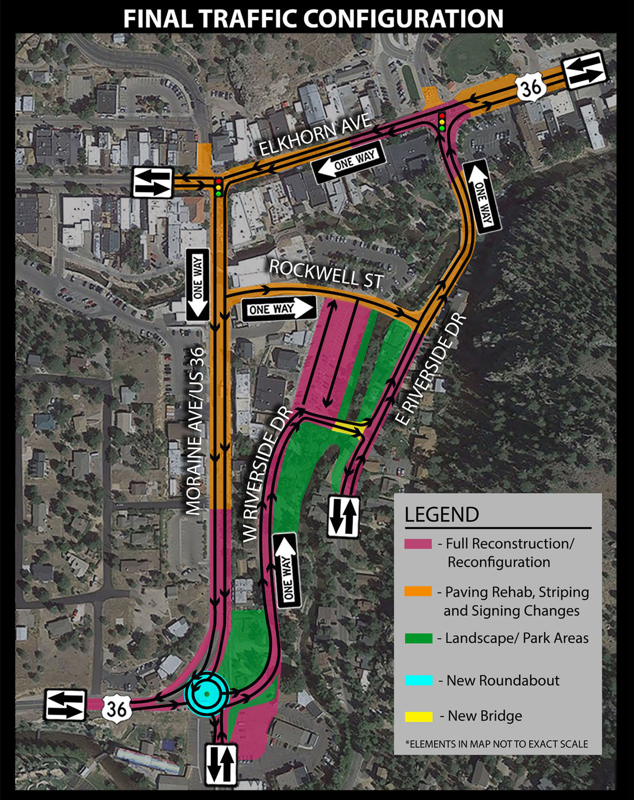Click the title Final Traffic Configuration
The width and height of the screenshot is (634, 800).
313,18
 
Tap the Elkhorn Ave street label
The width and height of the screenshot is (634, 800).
314,135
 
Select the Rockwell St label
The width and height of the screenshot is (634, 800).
326,273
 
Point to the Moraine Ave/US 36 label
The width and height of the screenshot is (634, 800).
195,431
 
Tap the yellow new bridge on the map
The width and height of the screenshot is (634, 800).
348,427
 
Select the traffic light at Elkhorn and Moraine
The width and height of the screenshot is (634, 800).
218,187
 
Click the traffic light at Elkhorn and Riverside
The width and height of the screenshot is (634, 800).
442,122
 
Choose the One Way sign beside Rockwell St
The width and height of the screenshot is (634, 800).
279,310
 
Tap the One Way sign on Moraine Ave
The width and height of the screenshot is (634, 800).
197,285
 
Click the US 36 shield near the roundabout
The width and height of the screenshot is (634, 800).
116,708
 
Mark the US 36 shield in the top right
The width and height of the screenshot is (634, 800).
530,88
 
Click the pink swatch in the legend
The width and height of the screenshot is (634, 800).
418,544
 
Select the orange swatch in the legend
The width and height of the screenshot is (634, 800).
418,591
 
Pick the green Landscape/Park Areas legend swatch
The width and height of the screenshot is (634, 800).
418,638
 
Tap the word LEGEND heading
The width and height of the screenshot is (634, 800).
441,514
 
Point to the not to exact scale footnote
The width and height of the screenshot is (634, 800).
497,744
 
